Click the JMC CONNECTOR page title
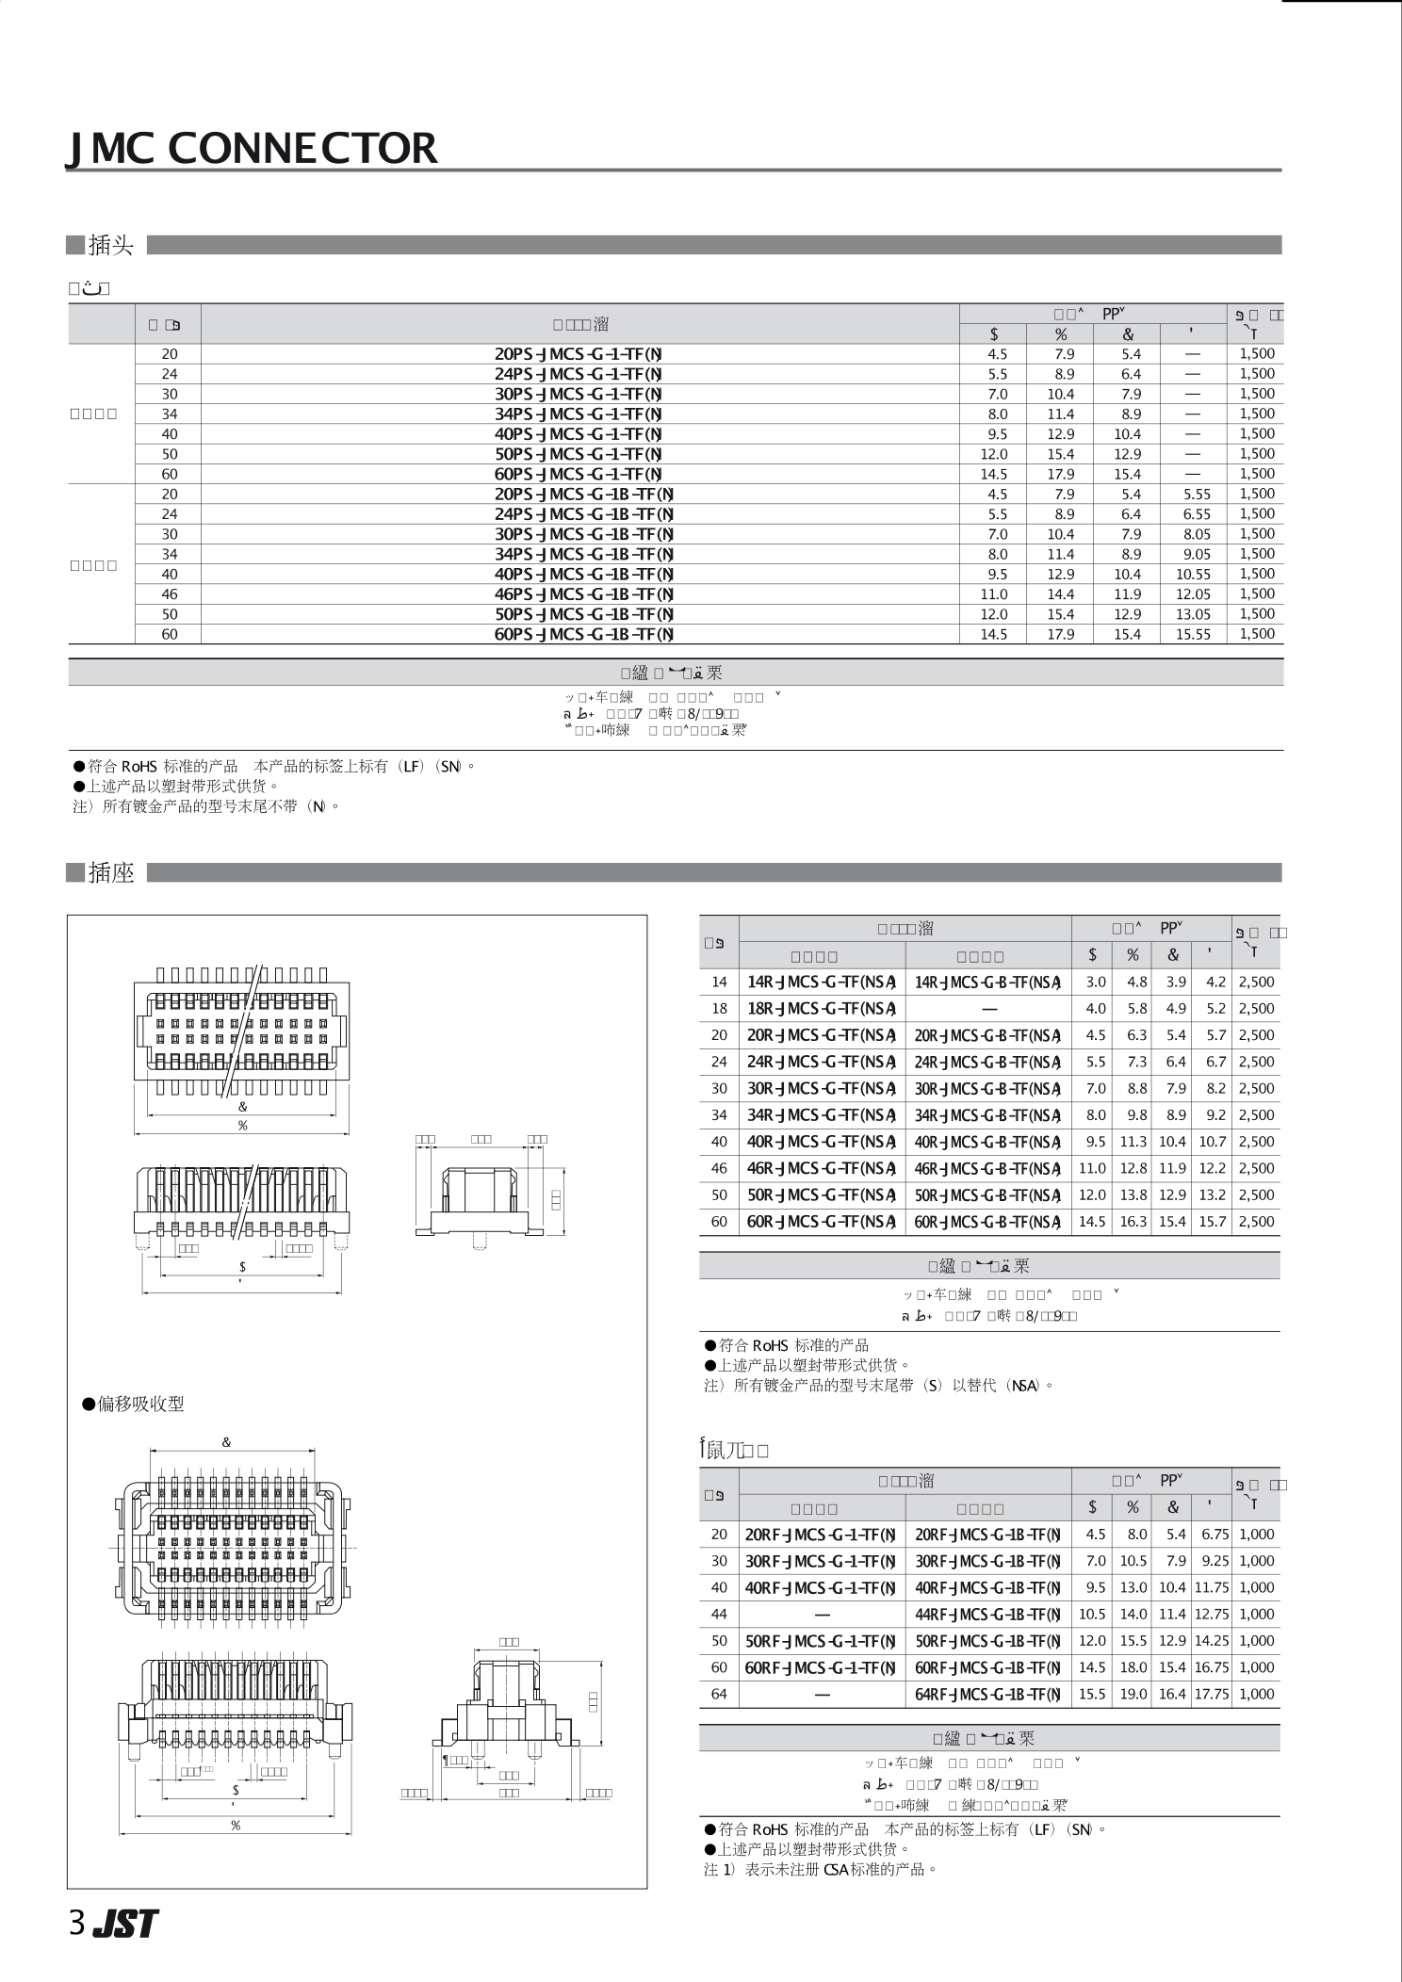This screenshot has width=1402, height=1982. tap(253, 148)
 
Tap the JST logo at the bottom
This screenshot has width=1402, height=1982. tap(125, 1924)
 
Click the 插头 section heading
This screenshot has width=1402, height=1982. tap(110, 246)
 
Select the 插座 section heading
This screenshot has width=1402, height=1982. tap(110, 873)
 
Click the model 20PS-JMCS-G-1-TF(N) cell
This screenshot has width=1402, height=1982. tap(579, 354)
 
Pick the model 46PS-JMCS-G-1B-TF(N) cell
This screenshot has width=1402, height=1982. tap(584, 594)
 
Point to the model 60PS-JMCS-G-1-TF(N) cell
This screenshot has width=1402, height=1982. tap(579, 474)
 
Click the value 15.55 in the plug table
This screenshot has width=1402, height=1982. tap(1193, 635)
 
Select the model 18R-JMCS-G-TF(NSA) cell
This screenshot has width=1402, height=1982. tap(821, 1008)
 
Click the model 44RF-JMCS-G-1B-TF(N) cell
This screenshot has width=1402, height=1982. tap(987, 1614)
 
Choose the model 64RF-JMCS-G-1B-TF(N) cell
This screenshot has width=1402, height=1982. tap(987, 1694)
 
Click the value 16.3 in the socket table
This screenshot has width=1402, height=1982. tap(1133, 1222)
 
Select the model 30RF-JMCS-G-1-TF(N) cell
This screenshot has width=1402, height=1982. tap(820, 1561)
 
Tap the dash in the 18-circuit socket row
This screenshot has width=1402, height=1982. tap(988, 1008)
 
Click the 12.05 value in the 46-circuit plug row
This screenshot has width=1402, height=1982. tap(1193, 594)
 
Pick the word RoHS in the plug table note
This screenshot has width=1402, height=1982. tap(139, 767)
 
